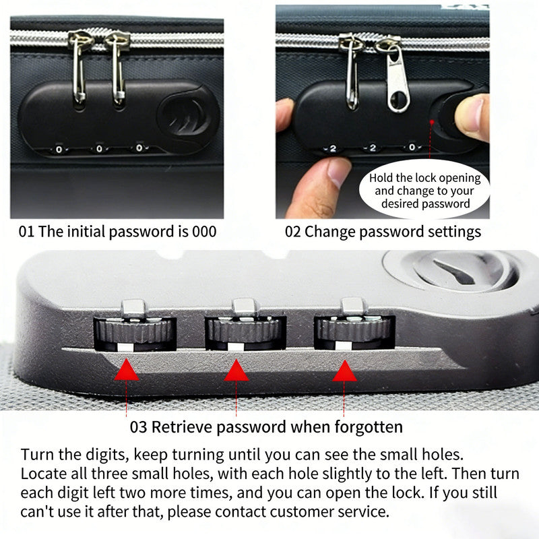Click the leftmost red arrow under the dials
point(127,370)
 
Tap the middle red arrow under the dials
point(236,370)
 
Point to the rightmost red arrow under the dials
point(344,371)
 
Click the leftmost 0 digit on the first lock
point(59,150)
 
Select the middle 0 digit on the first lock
point(99,149)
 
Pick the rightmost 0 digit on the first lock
point(139,148)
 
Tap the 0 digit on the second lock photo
point(412,147)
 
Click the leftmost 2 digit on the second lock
point(333,149)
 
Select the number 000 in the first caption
point(204,232)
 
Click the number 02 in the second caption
point(293,232)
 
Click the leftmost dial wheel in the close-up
point(135,331)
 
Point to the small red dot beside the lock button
point(432,122)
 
